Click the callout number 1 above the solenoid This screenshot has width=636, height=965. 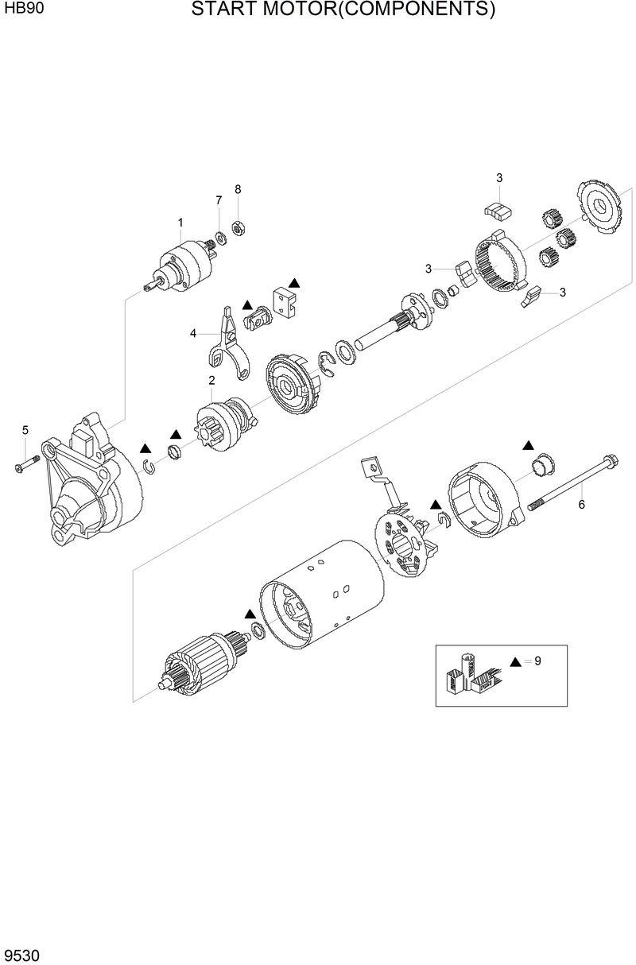click(180, 223)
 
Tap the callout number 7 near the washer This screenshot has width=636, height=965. click(219, 200)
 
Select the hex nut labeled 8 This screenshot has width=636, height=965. click(236, 228)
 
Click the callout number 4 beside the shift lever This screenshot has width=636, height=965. click(193, 334)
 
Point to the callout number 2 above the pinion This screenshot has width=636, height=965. click(211, 381)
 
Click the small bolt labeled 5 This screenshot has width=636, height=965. click(26, 463)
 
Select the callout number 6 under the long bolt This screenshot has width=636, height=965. click(581, 505)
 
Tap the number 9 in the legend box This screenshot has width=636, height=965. click(537, 661)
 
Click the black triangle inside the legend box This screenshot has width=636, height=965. click(515, 661)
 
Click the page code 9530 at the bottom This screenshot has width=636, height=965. click(21, 952)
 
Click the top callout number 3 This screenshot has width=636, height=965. click(499, 177)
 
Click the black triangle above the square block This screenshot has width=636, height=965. click(294, 282)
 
